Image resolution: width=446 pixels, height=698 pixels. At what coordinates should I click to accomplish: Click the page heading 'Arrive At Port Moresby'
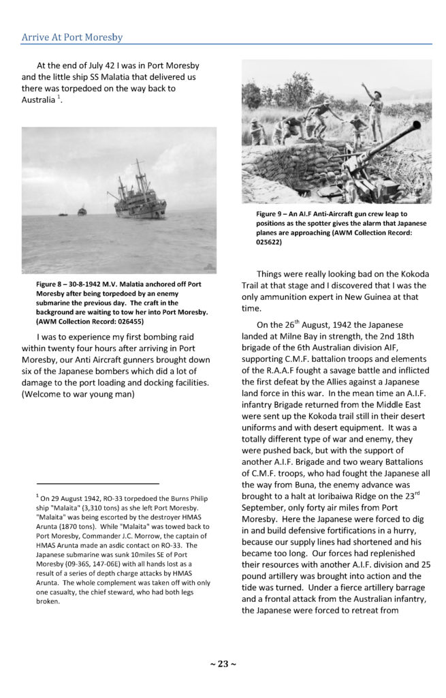pos(72,37)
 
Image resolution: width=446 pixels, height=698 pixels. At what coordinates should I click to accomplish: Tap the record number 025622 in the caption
pos(272,241)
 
